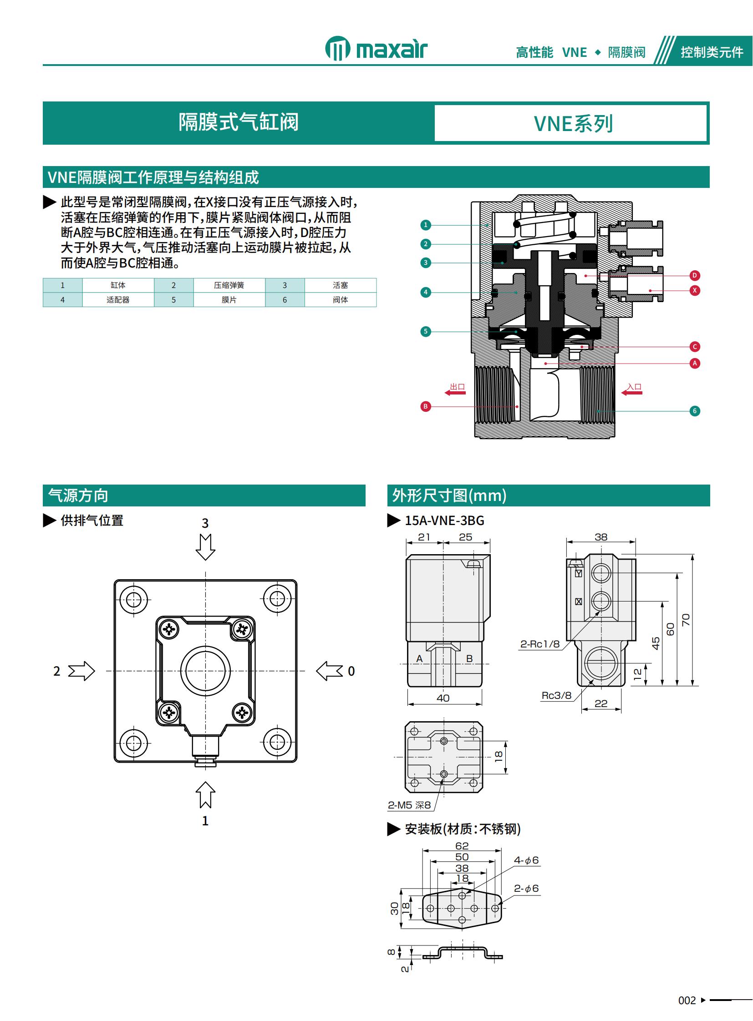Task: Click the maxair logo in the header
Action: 376,49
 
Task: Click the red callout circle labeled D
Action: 694,275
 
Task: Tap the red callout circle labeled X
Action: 694,290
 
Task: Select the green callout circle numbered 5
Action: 425,331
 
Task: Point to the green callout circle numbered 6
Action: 694,411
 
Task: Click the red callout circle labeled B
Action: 425,406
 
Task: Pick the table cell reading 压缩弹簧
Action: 229,285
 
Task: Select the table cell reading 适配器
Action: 118,300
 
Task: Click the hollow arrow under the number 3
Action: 205,547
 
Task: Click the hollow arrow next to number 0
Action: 329,671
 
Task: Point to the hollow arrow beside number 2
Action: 81,671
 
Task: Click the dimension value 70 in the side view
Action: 686,620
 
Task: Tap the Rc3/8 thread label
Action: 556,696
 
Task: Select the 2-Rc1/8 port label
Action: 539,644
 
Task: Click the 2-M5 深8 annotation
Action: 409,805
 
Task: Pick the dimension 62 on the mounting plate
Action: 462,845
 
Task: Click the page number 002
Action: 687,1001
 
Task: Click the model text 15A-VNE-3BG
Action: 444,521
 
